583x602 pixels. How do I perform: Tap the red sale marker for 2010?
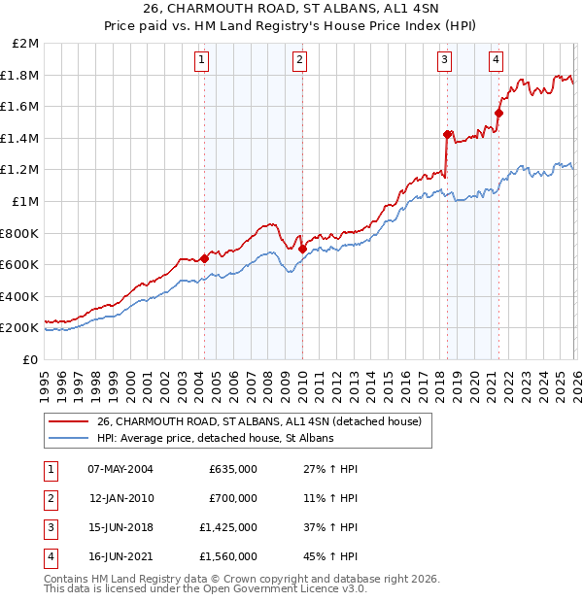[301, 249]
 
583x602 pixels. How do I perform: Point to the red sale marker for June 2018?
[447, 134]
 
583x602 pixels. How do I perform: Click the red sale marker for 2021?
[498, 113]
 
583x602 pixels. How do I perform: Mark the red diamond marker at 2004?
[204, 258]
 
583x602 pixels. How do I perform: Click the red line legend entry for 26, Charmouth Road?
[258, 422]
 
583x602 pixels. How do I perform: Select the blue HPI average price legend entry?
[215, 439]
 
